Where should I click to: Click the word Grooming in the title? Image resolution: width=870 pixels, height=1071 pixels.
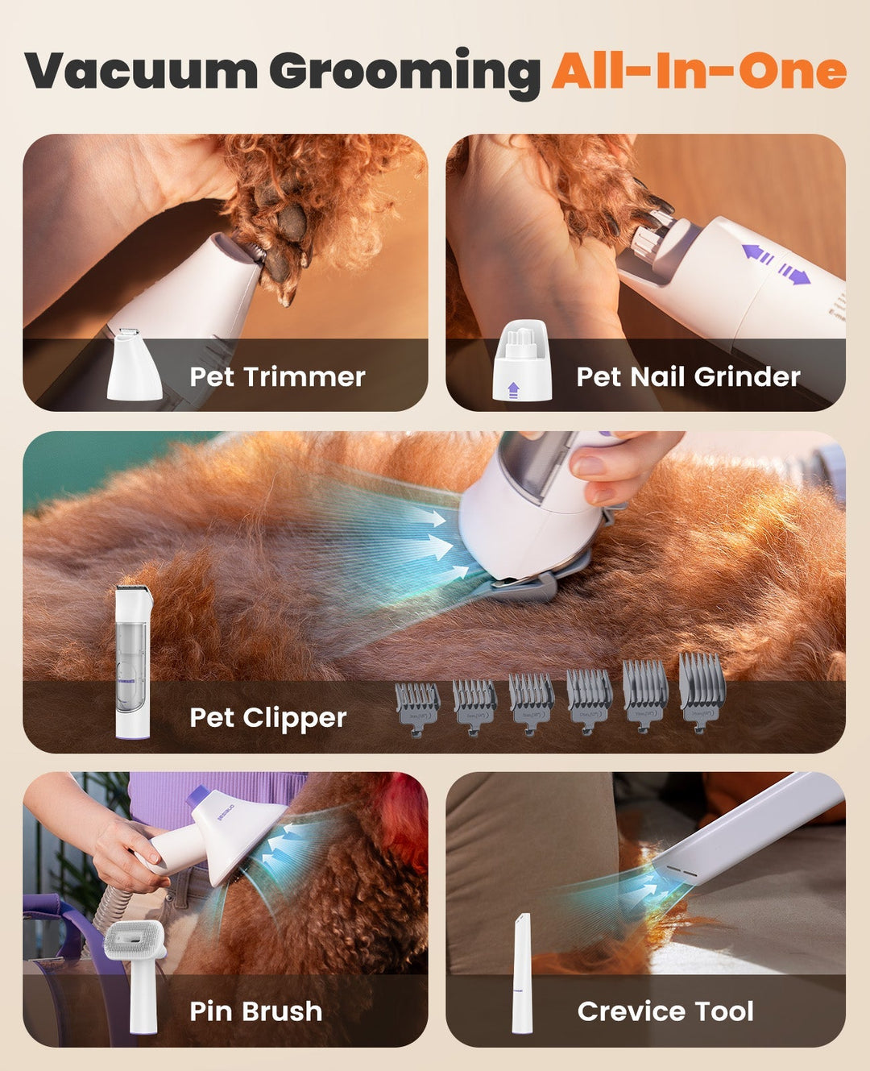404,73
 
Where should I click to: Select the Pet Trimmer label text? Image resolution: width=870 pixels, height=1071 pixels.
277,376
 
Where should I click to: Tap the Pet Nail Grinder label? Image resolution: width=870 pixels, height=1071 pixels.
688,376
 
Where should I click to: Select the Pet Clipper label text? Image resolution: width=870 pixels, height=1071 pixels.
267,717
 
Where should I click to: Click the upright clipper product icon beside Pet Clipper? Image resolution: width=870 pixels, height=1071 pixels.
133,662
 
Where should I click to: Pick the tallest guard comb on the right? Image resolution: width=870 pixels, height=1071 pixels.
702,691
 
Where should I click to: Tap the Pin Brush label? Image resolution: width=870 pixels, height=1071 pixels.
255,1011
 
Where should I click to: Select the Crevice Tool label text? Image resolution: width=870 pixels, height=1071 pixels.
665,1011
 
